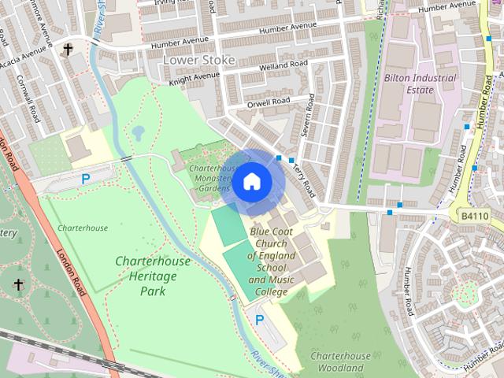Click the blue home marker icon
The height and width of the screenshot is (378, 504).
pos(252,182)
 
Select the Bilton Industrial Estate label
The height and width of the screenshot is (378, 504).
pos(420,83)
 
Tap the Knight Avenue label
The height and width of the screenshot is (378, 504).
pos(194,78)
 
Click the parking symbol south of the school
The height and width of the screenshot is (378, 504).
pos(259,320)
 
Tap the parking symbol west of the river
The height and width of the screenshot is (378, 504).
pos(86,179)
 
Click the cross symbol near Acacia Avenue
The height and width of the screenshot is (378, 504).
pos(68,49)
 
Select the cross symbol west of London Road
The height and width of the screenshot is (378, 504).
pos(18,284)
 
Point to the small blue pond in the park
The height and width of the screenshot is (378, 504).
pos(139,132)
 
